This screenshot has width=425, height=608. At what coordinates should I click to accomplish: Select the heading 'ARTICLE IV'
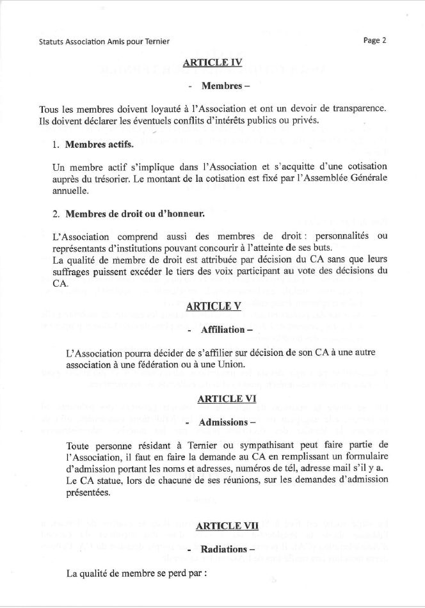click(x=212, y=63)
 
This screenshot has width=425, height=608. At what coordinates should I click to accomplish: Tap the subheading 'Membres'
click(x=220, y=85)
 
